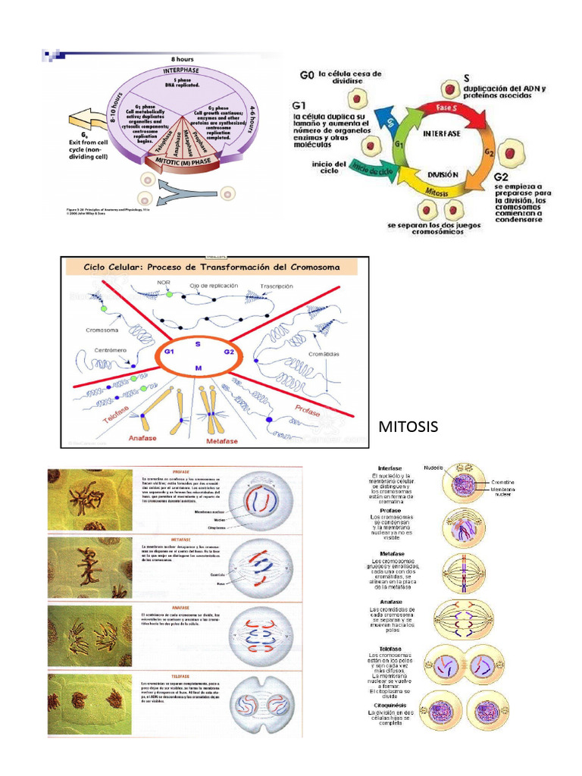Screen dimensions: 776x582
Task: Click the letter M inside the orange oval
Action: pyautogui.click(x=198, y=368)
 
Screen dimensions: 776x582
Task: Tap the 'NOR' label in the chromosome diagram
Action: pyautogui.click(x=164, y=283)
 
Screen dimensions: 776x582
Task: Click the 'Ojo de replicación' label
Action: pyautogui.click(x=214, y=286)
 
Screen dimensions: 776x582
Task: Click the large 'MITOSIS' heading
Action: pyautogui.click(x=407, y=427)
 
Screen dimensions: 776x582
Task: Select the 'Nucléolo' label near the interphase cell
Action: pyautogui.click(x=433, y=468)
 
